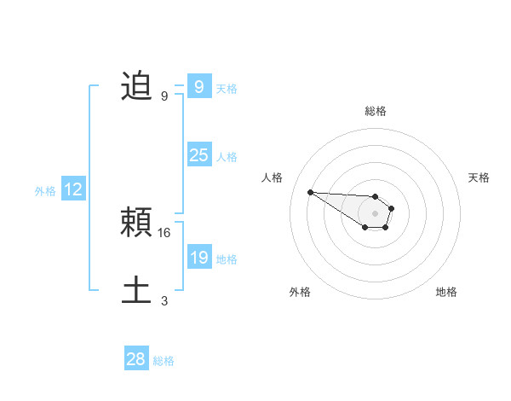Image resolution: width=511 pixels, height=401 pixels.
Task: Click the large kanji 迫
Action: pyautogui.click(x=136, y=86)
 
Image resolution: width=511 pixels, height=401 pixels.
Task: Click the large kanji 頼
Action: pyautogui.click(x=136, y=223)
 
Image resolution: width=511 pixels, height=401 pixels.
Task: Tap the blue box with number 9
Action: pyautogui.click(x=198, y=86)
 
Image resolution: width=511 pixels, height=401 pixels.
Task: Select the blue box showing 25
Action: pyautogui.click(x=198, y=155)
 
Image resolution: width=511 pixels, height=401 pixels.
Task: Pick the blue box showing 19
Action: pyautogui.click(x=198, y=258)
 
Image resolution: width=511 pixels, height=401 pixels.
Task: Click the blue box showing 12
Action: pyautogui.click(x=72, y=189)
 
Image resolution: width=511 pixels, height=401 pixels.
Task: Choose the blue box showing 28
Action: pyautogui.click(x=136, y=359)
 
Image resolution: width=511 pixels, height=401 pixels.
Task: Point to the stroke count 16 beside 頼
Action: pyautogui.click(x=165, y=232)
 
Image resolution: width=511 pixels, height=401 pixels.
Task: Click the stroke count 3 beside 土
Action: pyautogui.click(x=164, y=300)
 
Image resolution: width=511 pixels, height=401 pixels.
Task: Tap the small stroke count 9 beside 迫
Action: pyautogui.click(x=164, y=96)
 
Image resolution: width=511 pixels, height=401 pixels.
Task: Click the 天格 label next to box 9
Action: pyautogui.click(x=227, y=89)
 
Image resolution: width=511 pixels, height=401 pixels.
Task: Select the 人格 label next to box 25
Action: pyautogui.click(x=227, y=157)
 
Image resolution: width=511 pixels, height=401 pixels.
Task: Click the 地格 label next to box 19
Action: pyautogui.click(x=227, y=259)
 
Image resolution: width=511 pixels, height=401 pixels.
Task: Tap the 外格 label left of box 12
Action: pyautogui.click(x=45, y=191)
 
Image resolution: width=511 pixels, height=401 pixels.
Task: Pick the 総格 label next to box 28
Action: pyautogui.click(x=164, y=361)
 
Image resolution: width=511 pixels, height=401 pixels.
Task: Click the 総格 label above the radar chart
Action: pyautogui.click(x=375, y=111)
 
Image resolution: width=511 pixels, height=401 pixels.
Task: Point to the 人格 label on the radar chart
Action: pyautogui.click(x=272, y=177)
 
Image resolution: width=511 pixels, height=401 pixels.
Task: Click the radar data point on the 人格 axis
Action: pyautogui.click(x=310, y=192)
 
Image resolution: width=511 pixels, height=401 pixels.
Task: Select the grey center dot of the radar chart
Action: pyautogui.click(x=375, y=213)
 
